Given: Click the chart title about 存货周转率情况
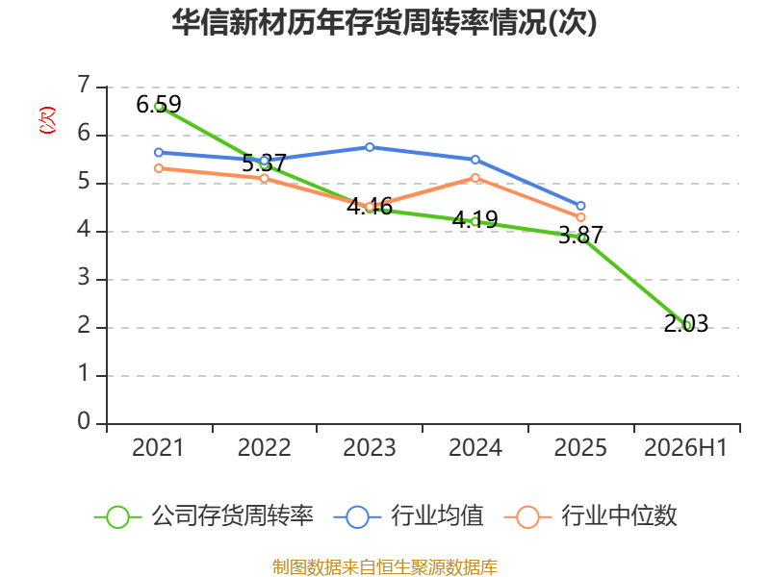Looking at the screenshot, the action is point(384,22).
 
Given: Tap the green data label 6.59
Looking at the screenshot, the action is point(159,104).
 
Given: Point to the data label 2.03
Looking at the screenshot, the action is point(686,323).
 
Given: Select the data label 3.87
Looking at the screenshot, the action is point(580,235).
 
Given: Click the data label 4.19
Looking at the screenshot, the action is point(475,219).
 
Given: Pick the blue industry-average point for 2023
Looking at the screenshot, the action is point(370,147).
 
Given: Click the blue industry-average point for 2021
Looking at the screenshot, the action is point(159,153).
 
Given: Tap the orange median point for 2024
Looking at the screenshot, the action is point(475,178).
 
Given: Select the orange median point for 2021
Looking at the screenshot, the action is point(159,168).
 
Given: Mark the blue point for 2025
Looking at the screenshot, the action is point(580,206).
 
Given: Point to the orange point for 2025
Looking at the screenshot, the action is point(580,217).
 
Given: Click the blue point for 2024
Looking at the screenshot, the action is point(475,160).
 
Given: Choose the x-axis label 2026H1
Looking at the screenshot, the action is point(685,447).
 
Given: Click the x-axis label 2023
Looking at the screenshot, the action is point(370,447).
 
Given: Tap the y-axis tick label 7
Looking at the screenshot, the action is point(85,85).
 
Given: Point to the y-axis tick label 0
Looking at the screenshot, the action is point(84,421).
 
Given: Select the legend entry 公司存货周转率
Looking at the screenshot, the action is point(204,516).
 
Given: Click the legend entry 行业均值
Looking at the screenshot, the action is point(408,516).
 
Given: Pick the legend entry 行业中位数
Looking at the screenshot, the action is point(591,516).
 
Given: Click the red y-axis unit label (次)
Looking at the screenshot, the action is point(47,120).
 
